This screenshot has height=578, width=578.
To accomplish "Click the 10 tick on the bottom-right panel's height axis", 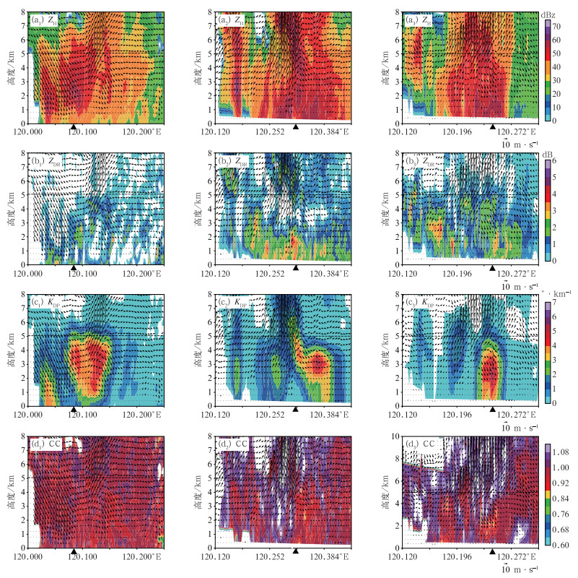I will click(x=395, y=436).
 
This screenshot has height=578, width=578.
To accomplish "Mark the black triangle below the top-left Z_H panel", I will click(x=74, y=126).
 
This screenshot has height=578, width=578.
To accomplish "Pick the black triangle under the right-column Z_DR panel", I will click(x=493, y=268).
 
